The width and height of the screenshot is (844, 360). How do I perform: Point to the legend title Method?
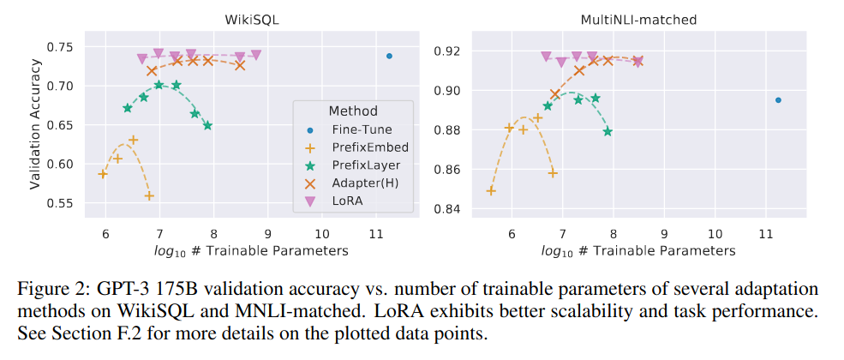pyautogui.click(x=352, y=111)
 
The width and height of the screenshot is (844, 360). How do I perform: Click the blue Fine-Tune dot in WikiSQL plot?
pyautogui.click(x=389, y=56)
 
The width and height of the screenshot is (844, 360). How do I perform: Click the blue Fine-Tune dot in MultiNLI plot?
pyautogui.click(x=778, y=99)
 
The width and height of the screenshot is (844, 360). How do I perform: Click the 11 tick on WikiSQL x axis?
pyautogui.click(x=375, y=234)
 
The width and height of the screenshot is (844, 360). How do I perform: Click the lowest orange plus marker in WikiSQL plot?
pyautogui.click(x=149, y=196)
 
